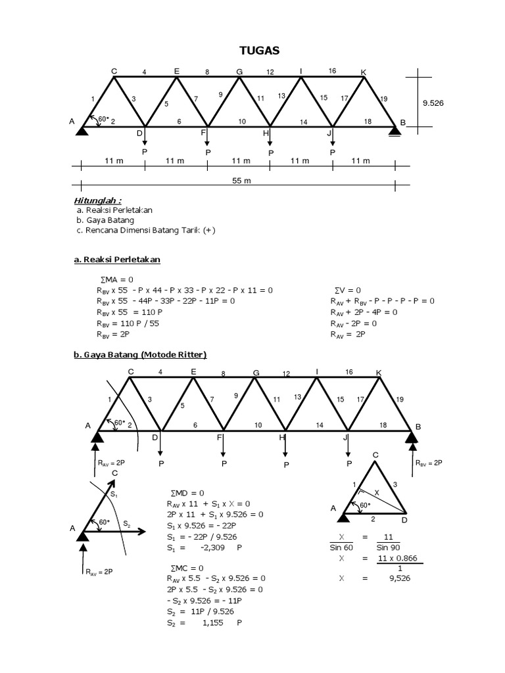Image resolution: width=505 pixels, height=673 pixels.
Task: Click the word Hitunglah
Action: (x=97, y=200)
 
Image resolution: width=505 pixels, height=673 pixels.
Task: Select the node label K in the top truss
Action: (x=364, y=71)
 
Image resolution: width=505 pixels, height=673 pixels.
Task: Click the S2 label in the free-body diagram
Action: (x=128, y=523)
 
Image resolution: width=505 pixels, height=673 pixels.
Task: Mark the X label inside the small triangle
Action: (x=377, y=491)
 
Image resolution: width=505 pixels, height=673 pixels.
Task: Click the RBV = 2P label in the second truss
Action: (x=429, y=463)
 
